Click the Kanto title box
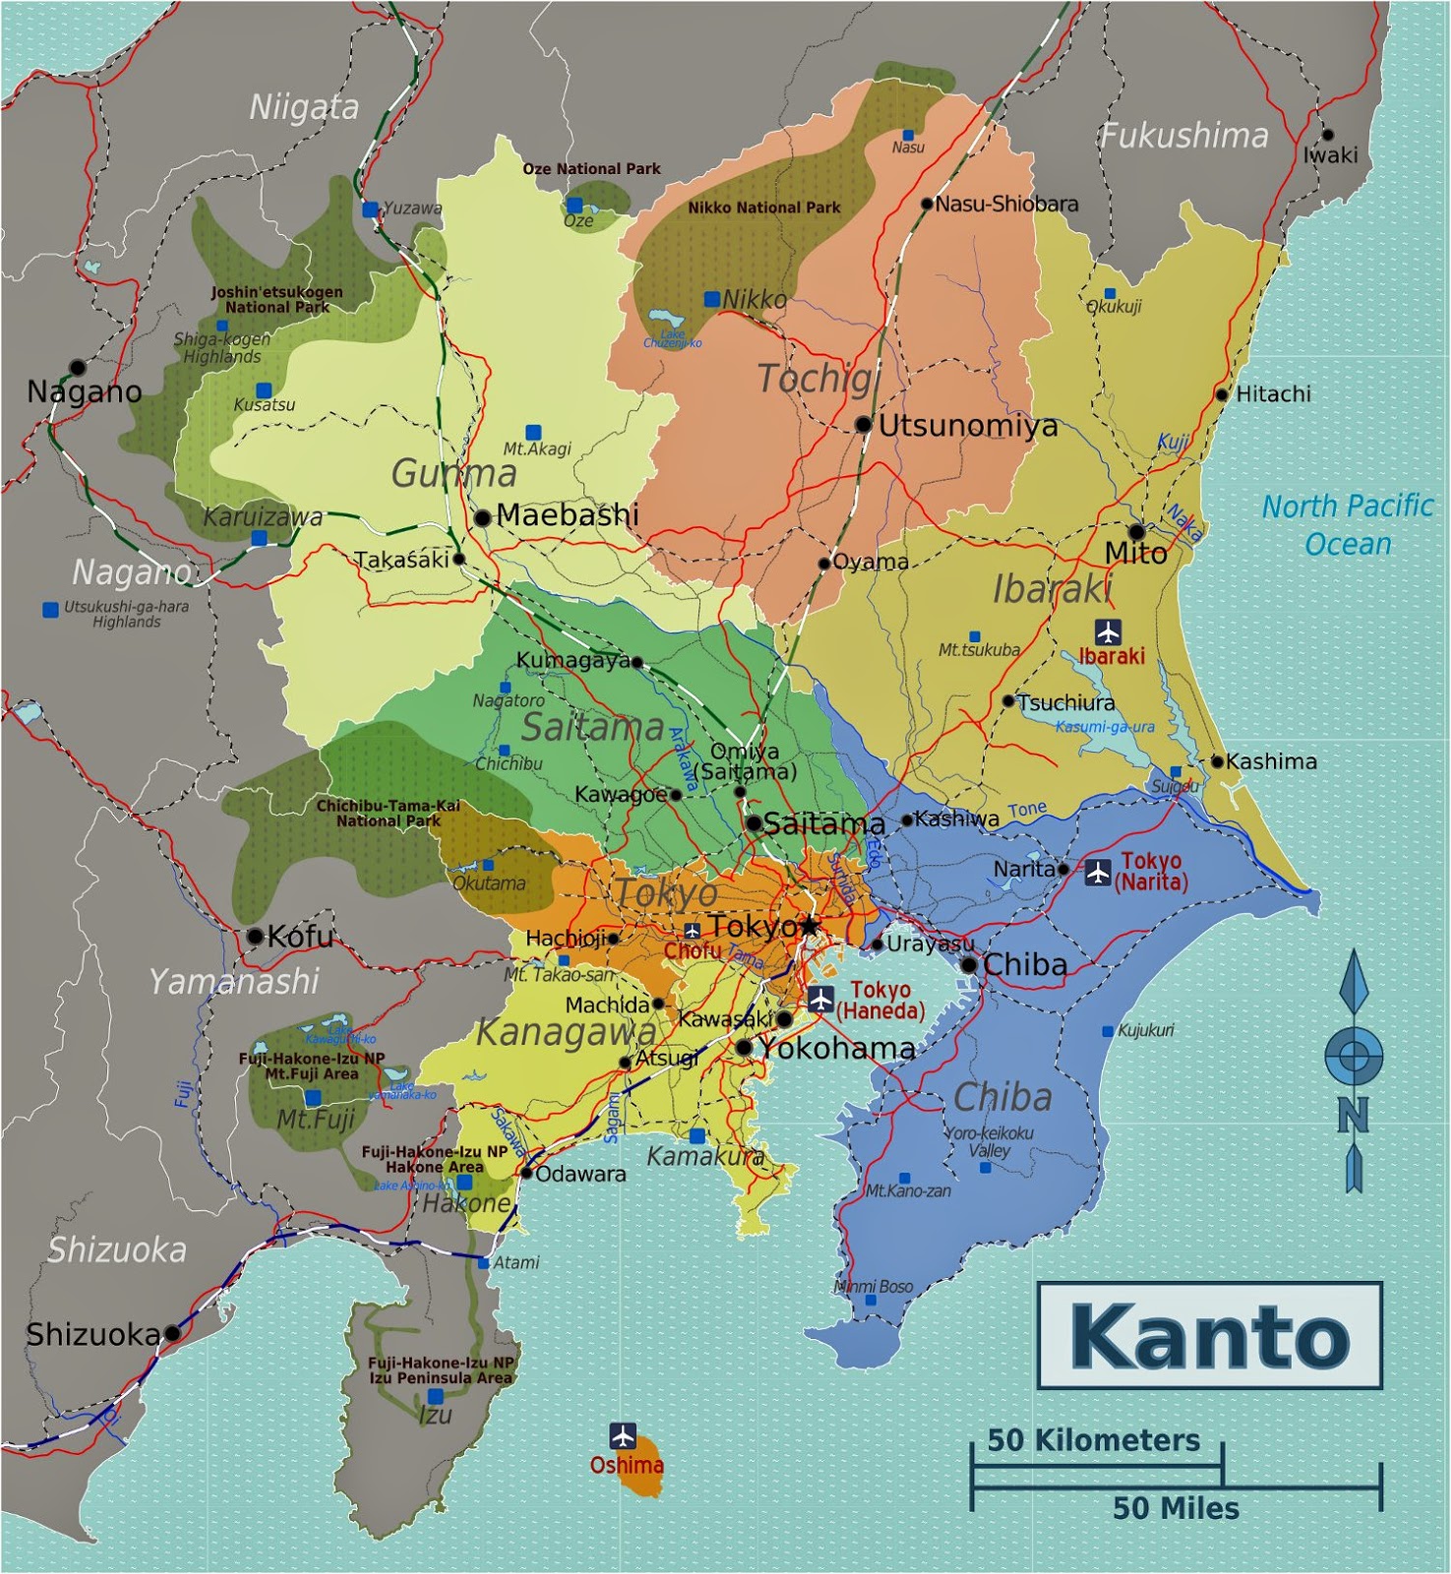(1209, 1335)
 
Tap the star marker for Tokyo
(809, 926)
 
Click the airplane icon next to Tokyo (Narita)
(1097, 872)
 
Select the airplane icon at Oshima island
(622, 1435)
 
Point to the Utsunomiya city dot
(863, 424)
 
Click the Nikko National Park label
(763, 208)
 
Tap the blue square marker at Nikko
(711, 298)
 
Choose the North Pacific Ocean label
(1347, 524)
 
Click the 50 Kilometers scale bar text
(1093, 1440)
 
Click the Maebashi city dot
(482, 517)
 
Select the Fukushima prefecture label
(1183, 136)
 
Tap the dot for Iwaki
(1327, 135)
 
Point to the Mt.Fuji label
(315, 1119)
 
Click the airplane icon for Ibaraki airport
(1108, 632)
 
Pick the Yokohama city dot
(745, 1048)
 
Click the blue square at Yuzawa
(370, 210)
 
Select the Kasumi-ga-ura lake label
(1105, 727)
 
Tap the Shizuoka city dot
(172, 1333)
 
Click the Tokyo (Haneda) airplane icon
(820, 999)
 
